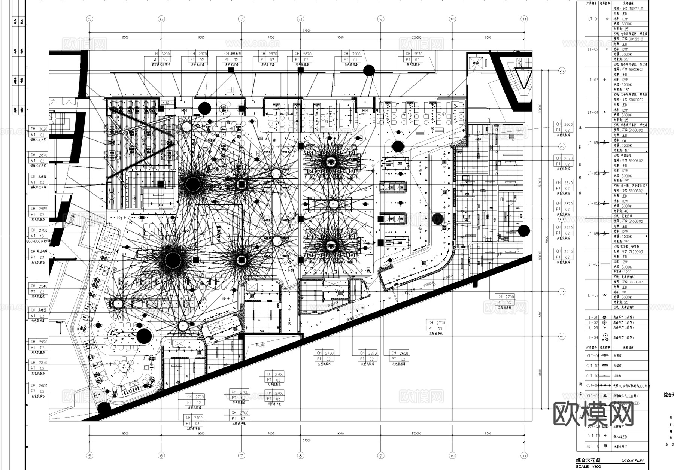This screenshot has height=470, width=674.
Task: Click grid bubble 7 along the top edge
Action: tap(242, 19)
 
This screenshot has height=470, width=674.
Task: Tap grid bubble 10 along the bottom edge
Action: tap(452, 456)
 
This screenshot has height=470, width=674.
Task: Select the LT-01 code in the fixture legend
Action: tap(593, 19)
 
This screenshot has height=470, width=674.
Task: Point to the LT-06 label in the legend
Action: tap(593, 264)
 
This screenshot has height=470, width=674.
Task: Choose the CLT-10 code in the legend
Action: tap(593, 446)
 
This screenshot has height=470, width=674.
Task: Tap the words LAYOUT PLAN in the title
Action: tap(633, 461)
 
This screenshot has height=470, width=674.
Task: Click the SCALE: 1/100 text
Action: tap(588, 467)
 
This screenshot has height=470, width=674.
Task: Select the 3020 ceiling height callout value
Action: tap(43, 129)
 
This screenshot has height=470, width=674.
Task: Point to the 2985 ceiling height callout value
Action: tap(43, 209)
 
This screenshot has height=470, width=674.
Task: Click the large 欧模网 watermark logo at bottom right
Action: tap(593, 414)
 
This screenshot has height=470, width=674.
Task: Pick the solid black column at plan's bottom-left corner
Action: tap(104, 408)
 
